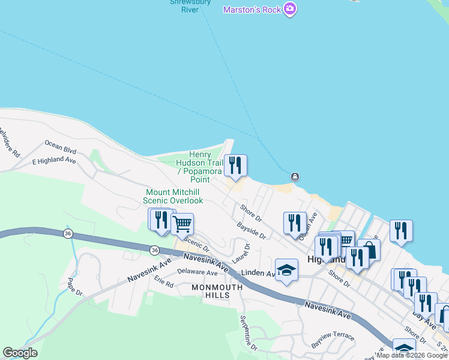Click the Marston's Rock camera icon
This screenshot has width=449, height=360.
(291, 10)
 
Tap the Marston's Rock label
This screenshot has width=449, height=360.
(252, 10)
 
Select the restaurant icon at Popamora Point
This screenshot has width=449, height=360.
(235, 165)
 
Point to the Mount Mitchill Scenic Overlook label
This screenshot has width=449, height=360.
(173, 196)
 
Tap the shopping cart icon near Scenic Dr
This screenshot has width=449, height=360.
(182, 224)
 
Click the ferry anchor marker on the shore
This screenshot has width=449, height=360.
(295, 176)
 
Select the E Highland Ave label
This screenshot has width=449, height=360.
(54, 161)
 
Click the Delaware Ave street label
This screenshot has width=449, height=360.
(197, 272)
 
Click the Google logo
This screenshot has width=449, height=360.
(20, 353)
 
